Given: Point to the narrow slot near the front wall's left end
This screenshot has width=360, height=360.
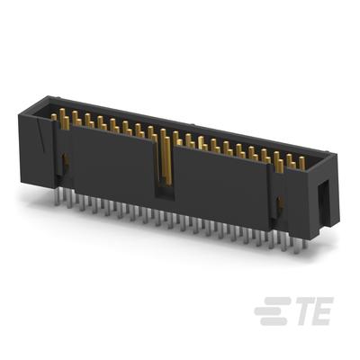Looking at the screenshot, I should pyautogui.click(x=65, y=162).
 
